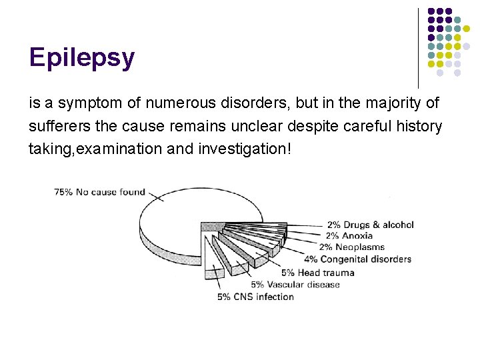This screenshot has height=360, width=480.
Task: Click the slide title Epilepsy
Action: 82,59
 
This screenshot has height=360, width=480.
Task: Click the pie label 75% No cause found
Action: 99,192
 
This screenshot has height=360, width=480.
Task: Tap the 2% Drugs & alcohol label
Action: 370,225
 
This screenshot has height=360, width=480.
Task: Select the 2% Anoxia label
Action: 349,235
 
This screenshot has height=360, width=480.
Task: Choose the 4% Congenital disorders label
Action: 357,259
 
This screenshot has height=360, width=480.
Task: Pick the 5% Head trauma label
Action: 318,272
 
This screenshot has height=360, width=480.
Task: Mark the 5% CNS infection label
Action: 255,297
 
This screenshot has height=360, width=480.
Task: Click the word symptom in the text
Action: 84,104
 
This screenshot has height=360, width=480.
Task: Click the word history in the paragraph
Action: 420,127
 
